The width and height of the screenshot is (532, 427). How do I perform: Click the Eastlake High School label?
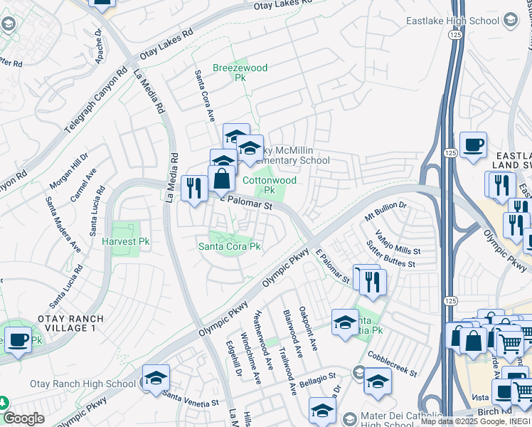click(452, 21)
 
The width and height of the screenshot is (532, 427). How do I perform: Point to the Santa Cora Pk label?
click(229, 247)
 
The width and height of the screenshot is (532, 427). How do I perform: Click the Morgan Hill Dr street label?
click(68, 171)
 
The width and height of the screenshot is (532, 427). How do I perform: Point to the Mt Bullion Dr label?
click(385, 210)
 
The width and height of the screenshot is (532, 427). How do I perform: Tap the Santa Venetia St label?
click(190, 397)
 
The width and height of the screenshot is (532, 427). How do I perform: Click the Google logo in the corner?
click(23, 418)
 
